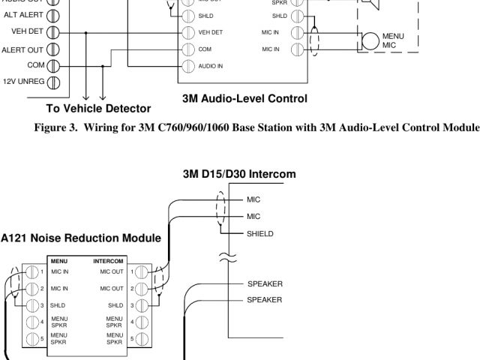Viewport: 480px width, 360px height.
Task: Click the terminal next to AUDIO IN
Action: click(190, 66)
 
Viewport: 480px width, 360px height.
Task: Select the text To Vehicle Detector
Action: click(97, 109)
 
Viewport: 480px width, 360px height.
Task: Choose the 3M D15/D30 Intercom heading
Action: click(239, 174)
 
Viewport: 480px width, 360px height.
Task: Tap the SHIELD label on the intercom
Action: click(259, 233)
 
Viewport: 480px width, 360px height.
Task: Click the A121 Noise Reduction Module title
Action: click(79, 238)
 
